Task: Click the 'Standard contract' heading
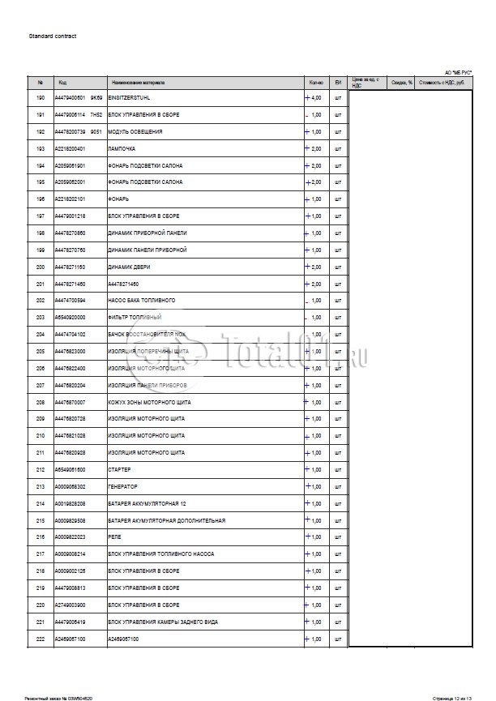point(53,36)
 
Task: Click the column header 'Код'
point(62,83)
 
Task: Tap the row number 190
point(41,98)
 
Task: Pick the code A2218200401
point(71,149)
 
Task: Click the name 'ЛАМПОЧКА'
point(122,149)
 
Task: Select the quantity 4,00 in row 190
point(315,98)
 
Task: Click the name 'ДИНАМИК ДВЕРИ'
point(129,267)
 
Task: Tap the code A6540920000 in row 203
point(71,318)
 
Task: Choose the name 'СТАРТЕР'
point(120,469)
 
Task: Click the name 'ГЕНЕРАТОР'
point(123,486)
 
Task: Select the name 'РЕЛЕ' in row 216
point(114,537)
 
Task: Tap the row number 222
point(41,639)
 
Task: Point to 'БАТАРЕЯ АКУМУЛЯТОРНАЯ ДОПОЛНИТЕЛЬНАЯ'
point(166,520)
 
